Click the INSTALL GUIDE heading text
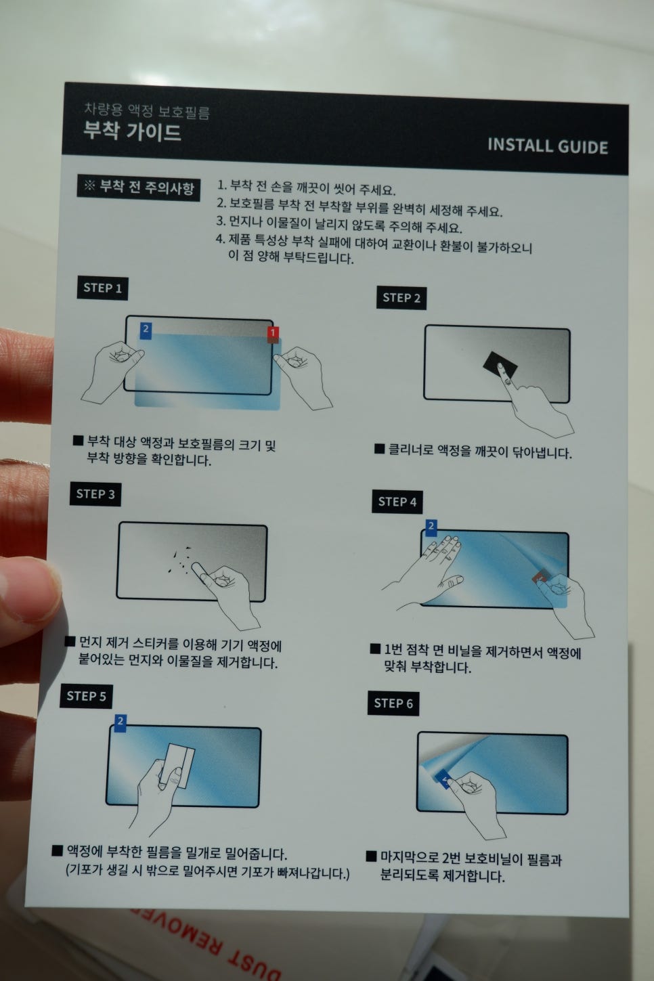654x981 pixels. coord(548,146)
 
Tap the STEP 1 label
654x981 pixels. coord(102,288)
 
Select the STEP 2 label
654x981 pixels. coord(401,299)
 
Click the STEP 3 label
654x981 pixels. coord(95,494)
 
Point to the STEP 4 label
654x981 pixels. coord(397,502)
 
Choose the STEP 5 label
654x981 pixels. coord(86,697)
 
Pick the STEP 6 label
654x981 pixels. coord(393,703)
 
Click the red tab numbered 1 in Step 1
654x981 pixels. coord(273,334)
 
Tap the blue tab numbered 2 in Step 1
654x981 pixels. coord(146,330)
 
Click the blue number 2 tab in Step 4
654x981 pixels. coord(431,527)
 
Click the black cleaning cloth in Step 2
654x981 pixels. coord(500,366)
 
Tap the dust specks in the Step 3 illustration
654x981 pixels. coord(181,560)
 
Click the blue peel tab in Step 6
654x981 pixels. coord(444,779)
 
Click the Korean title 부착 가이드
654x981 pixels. coord(132,131)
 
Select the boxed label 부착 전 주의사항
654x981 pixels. coord(138,188)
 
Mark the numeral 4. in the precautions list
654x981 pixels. coord(221,239)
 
